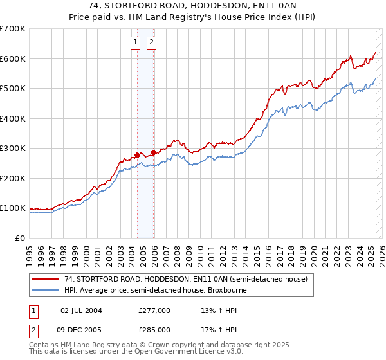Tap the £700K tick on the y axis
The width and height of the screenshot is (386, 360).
coord(13,29)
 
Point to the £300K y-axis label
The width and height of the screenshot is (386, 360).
coord(13,148)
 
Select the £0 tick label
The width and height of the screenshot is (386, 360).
coord(21,238)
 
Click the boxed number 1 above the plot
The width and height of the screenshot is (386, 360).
coord(136,43)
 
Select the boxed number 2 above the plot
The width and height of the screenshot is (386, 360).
coord(151,43)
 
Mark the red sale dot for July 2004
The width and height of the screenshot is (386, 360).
coord(137,155)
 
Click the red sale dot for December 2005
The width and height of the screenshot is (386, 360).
coord(153,152)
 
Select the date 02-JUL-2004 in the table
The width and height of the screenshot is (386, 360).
coord(81,310)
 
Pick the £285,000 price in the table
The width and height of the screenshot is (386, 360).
coord(154,330)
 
